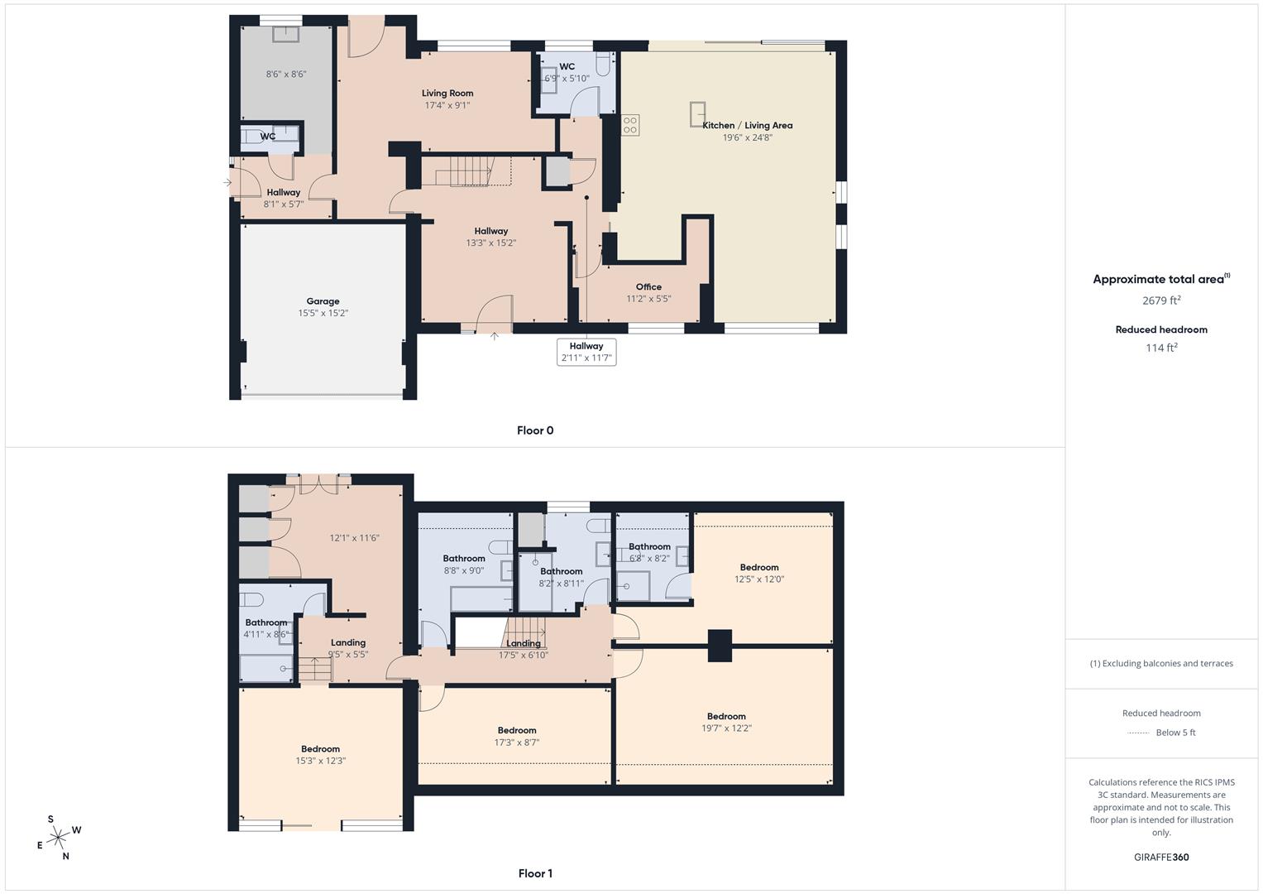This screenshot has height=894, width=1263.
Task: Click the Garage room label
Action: click(323, 302)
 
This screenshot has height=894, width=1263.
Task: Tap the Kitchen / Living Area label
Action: click(747, 126)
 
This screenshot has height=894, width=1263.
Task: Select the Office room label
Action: click(648, 287)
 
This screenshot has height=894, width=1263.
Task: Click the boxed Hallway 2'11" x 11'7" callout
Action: click(586, 352)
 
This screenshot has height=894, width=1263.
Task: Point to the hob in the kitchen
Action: click(630, 125)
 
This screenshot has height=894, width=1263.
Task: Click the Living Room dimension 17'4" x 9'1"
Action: click(447, 105)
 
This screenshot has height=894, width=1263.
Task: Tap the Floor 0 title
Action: click(535, 430)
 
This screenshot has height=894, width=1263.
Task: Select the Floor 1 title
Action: click(535, 873)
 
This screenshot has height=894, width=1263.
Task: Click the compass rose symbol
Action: click(58, 838)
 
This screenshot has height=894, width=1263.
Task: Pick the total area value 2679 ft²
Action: click(1161, 300)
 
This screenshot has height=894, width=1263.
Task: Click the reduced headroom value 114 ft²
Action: click(1161, 348)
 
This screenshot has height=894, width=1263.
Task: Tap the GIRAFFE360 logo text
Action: click(1161, 857)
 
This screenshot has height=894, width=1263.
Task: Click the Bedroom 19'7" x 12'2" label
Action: click(726, 717)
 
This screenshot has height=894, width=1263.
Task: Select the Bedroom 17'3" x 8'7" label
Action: click(517, 731)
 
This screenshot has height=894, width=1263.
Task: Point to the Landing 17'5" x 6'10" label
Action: click(524, 644)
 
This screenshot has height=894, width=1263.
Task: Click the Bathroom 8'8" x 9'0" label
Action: click(464, 559)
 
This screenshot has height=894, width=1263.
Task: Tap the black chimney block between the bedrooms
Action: click(720, 646)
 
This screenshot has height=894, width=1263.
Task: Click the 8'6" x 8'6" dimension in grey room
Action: click(286, 74)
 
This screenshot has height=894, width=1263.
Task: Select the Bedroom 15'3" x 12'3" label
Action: click(320, 749)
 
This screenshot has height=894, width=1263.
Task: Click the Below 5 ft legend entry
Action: click(1174, 733)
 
